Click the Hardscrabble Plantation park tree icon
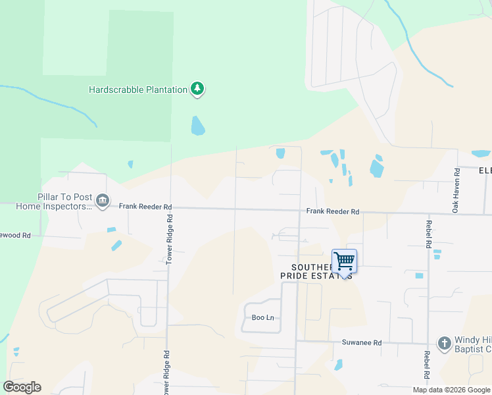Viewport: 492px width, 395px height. (x=197, y=89)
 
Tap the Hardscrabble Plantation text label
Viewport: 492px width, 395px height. (x=138, y=90)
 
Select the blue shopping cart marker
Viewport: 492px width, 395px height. (x=345, y=262)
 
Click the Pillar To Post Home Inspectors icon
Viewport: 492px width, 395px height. (x=102, y=200)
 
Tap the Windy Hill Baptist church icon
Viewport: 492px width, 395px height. (x=444, y=343)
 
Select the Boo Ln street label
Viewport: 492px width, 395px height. (x=262, y=317)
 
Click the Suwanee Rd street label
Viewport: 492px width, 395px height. (x=361, y=342)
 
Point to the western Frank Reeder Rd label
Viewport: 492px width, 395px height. (x=145, y=206)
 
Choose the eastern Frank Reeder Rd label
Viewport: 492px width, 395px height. (x=333, y=212)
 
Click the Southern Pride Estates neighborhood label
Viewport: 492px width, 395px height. (x=316, y=271)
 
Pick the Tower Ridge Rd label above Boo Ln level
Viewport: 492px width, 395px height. (x=169, y=239)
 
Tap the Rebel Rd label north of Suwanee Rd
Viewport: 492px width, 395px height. (x=428, y=235)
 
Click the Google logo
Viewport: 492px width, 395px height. (x=22, y=387)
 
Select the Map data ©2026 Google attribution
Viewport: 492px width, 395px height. (x=451, y=390)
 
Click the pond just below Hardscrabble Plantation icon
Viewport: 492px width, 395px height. (x=197, y=125)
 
